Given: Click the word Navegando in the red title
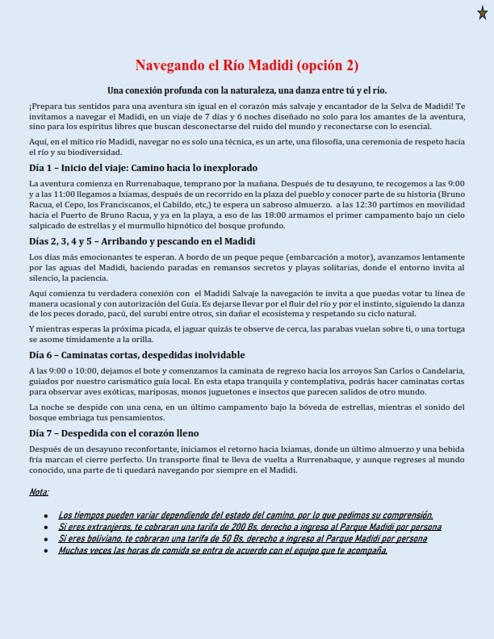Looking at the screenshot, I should point(175,65).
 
